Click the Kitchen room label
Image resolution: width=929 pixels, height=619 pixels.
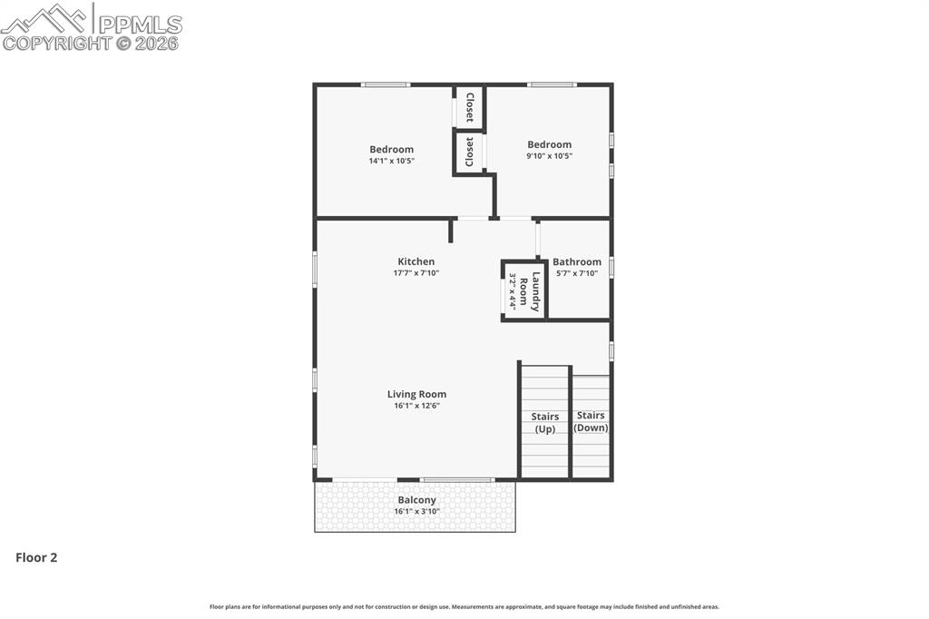[x=416, y=261]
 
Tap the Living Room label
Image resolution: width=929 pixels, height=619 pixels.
[x=416, y=394]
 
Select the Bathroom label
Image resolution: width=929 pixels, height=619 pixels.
[x=577, y=261]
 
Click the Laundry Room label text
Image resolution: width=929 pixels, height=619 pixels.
[x=536, y=291]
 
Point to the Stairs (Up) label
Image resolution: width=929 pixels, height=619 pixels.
[x=545, y=422]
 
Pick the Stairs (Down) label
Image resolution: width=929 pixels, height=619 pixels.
[x=592, y=421]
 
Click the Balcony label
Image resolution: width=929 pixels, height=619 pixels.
[x=416, y=500]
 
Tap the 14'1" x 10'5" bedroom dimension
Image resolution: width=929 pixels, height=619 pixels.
[x=391, y=161]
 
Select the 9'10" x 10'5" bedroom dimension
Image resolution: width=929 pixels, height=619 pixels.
[x=549, y=156]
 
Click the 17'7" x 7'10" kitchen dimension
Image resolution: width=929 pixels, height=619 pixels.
[x=416, y=273]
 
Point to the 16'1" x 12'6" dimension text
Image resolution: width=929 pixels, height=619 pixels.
[x=416, y=406]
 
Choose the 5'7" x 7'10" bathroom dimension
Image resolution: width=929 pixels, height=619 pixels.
[x=577, y=273]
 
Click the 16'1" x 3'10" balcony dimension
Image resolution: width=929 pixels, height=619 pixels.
[x=416, y=512]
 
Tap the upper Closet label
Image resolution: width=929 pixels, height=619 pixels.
[x=469, y=108]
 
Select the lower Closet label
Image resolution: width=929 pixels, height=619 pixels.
[x=469, y=152]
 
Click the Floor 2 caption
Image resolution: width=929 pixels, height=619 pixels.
[x=36, y=558]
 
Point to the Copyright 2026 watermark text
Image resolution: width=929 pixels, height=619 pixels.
[x=91, y=43]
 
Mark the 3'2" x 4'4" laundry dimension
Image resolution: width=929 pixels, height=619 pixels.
[x=513, y=291]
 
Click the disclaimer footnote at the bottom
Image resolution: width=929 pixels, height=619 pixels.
[x=464, y=606]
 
